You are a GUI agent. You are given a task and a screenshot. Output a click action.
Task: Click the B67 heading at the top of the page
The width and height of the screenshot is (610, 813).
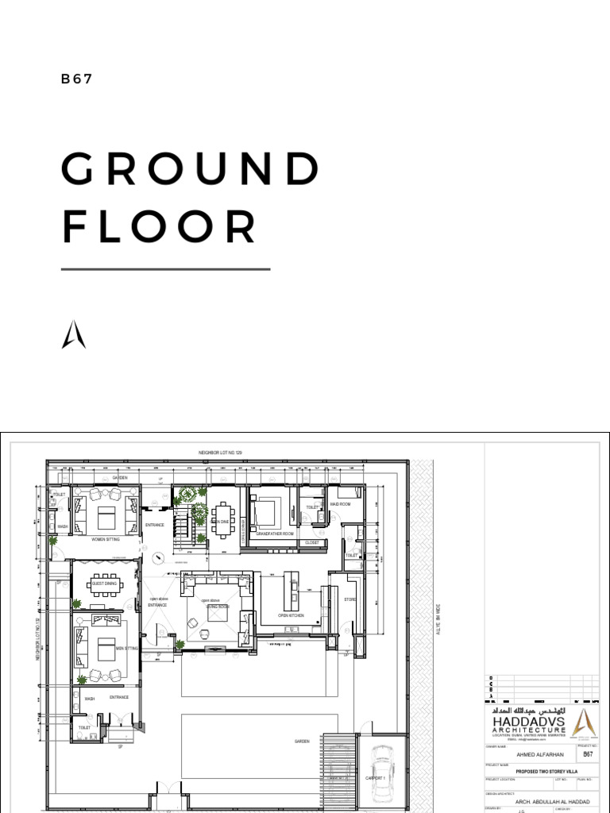pos(78,79)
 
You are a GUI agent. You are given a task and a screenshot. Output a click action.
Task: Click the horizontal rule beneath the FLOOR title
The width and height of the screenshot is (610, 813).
pos(165,269)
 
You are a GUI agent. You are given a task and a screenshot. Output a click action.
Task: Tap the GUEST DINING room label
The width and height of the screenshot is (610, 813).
pos(104,584)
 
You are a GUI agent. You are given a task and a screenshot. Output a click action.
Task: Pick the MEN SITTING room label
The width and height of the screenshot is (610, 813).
pos(127,649)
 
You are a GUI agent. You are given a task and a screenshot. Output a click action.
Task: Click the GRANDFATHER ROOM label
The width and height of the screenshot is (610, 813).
pos(275,534)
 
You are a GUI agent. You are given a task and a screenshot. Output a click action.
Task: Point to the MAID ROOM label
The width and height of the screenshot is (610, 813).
pos(340,504)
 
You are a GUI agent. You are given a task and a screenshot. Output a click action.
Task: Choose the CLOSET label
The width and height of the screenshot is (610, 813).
pos(311,542)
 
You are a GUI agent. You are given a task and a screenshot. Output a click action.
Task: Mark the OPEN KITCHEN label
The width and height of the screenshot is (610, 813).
pos(291,615)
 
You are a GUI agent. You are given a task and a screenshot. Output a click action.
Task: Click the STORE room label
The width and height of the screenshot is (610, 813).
pos(349,599)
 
